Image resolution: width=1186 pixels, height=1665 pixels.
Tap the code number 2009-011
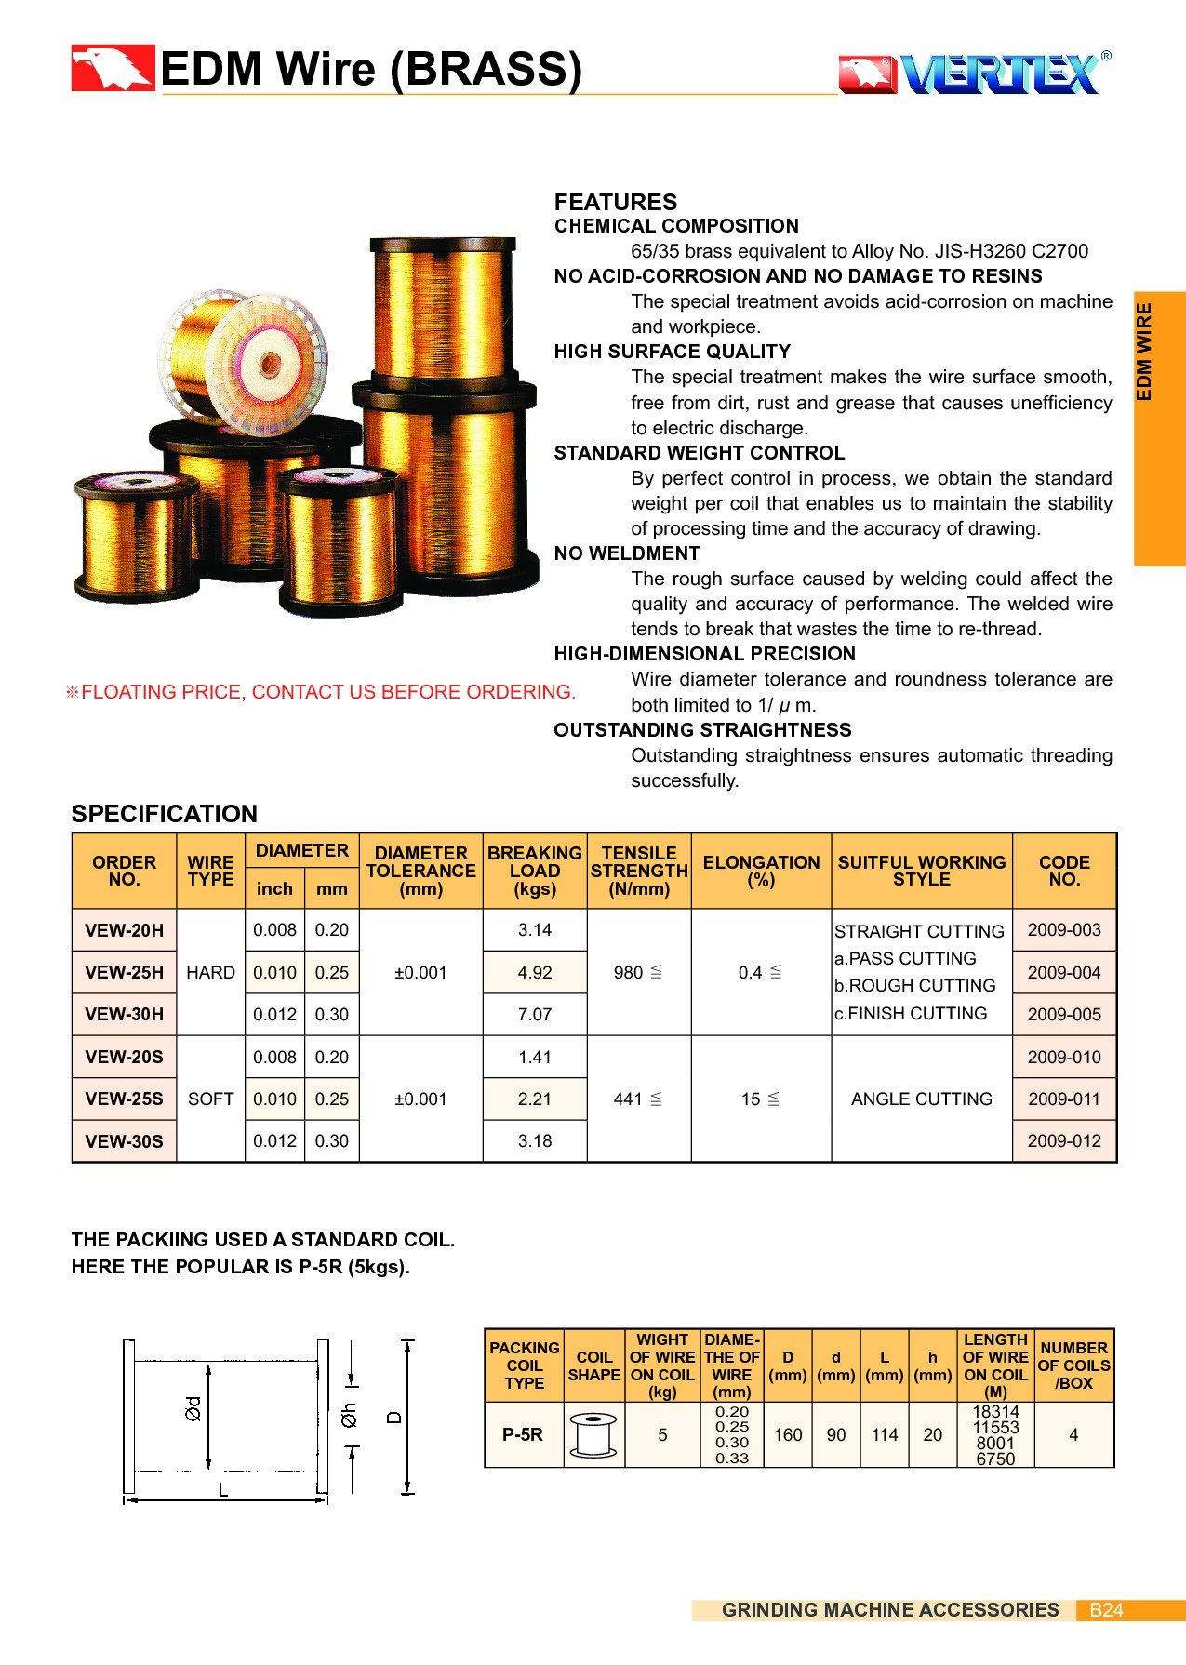click(1064, 1099)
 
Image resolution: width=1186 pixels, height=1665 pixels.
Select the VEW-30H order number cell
click(124, 1014)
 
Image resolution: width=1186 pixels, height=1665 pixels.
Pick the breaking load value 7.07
click(535, 1014)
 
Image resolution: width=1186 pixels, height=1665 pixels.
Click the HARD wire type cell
click(210, 972)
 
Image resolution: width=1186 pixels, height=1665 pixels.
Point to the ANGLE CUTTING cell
click(921, 1099)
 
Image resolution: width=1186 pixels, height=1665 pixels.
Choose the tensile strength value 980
click(629, 972)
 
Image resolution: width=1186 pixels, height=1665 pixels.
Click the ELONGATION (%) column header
click(761, 871)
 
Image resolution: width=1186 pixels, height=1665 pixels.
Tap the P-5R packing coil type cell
click(523, 1434)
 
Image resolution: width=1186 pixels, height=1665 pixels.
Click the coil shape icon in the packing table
click(593, 1434)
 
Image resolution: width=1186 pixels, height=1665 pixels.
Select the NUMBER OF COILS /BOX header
click(1073, 1365)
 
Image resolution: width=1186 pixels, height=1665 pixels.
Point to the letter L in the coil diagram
click(223, 1490)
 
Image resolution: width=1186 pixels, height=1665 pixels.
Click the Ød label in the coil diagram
click(193, 1408)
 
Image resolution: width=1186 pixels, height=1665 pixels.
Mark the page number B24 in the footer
click(1106, 1610)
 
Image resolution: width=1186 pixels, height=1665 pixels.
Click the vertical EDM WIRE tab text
click(1144, 352)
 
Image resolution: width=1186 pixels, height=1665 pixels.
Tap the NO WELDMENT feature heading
click(626, 553)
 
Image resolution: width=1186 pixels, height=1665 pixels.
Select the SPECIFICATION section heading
click(165, 814)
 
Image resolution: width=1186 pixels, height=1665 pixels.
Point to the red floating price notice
click(321, 692)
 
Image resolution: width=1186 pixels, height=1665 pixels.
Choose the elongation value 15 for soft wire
click(752, 1099)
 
